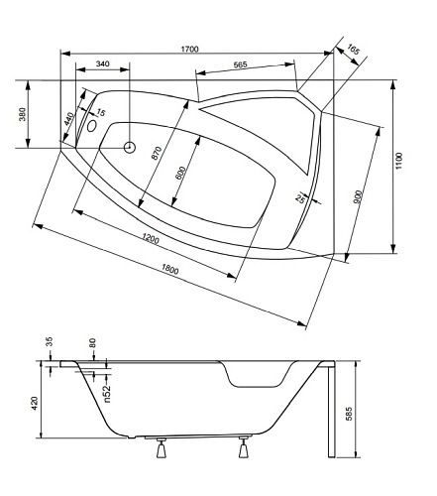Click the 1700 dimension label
(x=190, y=50)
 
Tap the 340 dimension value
(x=102, y=63)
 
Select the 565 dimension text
(x=240, y=64)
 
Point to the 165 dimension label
(x=353, y=50)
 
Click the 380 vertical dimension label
(x=22, y=114)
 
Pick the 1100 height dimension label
(x=399, y=161)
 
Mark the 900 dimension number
(x=359, y=196)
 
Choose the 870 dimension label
(x=157, y=153)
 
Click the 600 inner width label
(x=180, y=173)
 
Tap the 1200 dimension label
(x=151, y=238)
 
